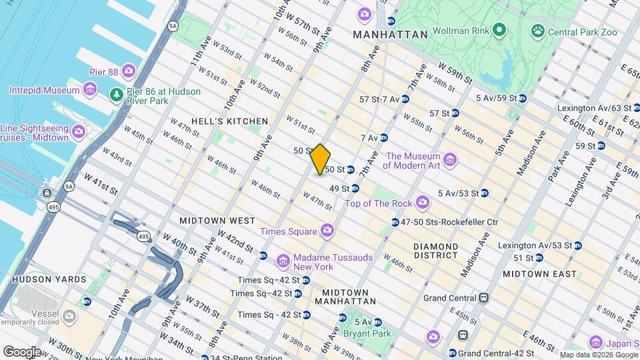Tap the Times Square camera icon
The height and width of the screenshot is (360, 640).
click(x=327, y=231)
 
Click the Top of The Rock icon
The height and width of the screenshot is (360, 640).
click(x=422, y=202)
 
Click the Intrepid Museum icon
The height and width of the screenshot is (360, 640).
click(x=90, y=89)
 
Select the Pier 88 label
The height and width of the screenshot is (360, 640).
click(x=104, y=71)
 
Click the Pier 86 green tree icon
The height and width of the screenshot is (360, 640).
click(x=117, y=94)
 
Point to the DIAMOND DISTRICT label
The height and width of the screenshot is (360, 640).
click(x=435, y=251)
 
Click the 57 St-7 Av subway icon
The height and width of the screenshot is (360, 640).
click(x=405, y=99)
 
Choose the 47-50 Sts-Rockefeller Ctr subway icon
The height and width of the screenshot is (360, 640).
click(x=395, y=222)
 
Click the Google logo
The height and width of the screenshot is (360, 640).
click(x=22, y=351)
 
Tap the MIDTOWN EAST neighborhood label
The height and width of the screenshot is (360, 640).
click(x=539, y=274)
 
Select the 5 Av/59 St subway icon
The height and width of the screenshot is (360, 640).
click(x=523, y=99)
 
